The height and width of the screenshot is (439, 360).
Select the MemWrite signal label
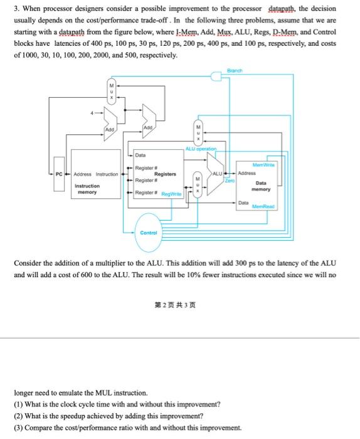267,162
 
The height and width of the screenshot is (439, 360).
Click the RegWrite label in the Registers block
171,195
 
